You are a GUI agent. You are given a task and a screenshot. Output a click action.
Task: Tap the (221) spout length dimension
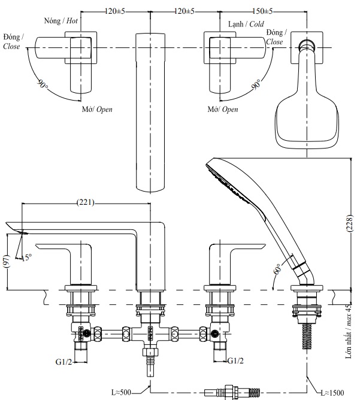tap(86, 203)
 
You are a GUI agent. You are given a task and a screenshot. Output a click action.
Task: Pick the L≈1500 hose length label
tap(331, 392)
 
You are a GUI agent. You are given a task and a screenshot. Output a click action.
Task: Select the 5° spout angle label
tap(27, 258)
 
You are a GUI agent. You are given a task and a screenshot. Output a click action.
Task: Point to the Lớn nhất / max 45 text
tap(350, 331)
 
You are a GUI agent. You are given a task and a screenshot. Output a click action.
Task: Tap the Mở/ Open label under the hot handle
tap(97, 110)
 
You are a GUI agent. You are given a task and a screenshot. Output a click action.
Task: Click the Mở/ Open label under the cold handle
tap(223, 110)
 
